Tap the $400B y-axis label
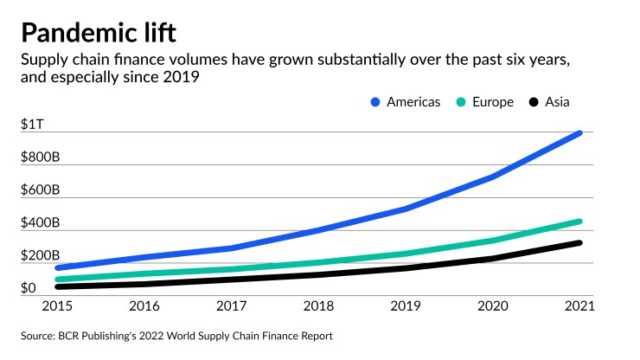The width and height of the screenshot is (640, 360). click(40, 222)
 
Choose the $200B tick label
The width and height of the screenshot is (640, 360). click(40, 255)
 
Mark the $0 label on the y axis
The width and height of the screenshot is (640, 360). click(28, 288)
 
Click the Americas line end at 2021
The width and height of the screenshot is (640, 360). click(579, 133)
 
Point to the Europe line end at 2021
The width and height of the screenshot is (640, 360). click(579, 222)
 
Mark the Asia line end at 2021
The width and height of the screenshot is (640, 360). click(579, 243)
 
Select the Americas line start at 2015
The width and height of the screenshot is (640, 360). click(58, 268)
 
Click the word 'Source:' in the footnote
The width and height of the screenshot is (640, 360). click(41, 335)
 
